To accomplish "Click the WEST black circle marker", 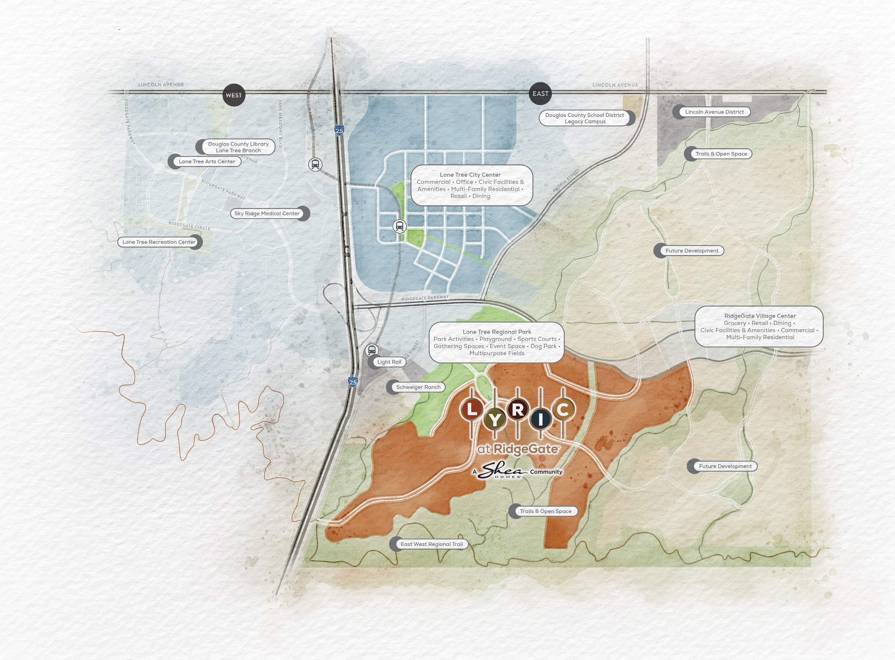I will click(234, 95).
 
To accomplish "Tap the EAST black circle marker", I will click(540, 94).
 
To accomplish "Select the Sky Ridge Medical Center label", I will click(267, 213).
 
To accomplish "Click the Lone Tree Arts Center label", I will click(207, 161).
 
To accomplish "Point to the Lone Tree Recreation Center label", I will click(159, 242).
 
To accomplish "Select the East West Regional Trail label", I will click(431, 544).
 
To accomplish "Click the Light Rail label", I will click(389, 362).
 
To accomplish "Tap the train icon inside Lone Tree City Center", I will click(399, 226).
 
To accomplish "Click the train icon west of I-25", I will click(315, 164).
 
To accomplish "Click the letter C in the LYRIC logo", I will click(563, 409).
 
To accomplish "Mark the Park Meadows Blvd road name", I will click(280, 124).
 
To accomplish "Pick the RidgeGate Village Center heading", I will click(759, 316).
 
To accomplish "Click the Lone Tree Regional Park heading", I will click(496, 332).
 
